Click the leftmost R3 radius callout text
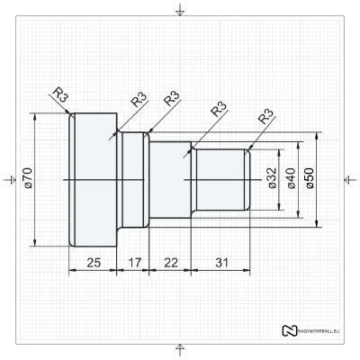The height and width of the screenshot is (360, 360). tap(59, 95)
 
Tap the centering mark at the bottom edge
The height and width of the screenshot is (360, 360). tap(180, 349)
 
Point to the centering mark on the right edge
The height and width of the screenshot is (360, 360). tap(349, 180)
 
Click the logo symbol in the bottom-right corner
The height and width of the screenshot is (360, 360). tap(290, 330)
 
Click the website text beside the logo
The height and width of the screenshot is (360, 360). tap(320, 331)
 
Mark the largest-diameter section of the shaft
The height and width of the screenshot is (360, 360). tap(92, 180)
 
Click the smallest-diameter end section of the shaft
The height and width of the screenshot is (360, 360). tap(220, 180)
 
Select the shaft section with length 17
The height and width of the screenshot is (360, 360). tap(132, 180)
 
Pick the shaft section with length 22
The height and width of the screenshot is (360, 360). tap(168, 180)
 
